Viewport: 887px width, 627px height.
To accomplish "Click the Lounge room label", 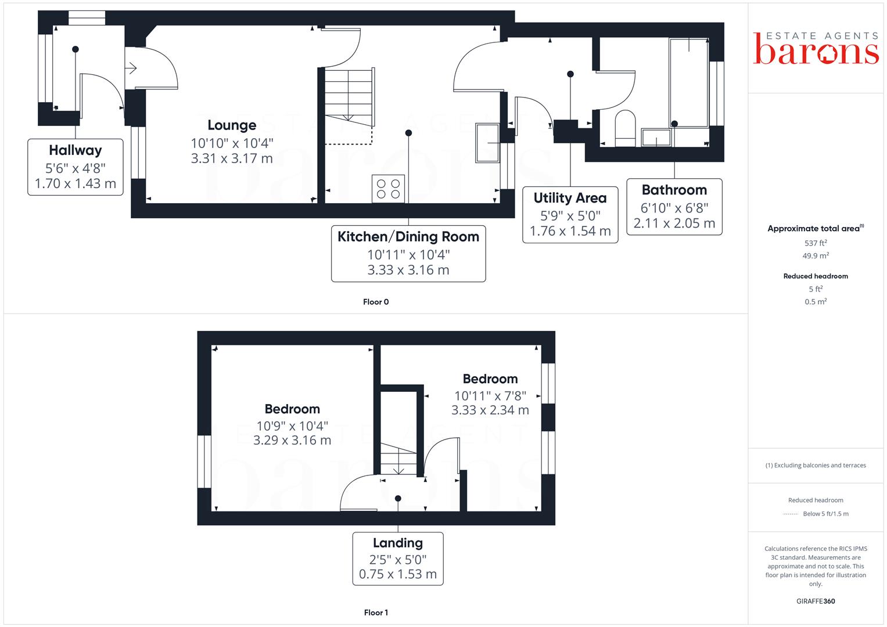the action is coord(232,125).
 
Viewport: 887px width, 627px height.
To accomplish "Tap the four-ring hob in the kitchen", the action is coord(388,189).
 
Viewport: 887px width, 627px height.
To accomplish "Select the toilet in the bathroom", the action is coord(625,128).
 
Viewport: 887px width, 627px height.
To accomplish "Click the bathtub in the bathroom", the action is coord(689,82).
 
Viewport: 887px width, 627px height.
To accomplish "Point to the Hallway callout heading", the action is coord(76,150).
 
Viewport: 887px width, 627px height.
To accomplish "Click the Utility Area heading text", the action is coord(570,197).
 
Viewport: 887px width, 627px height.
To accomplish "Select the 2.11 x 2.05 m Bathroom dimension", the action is coord(674,224).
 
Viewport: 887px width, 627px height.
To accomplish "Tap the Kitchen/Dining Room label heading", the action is coord(408,237).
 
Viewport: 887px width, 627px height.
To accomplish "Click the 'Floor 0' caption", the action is coord(376,302).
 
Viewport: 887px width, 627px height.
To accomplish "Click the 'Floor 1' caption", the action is coord(376,612).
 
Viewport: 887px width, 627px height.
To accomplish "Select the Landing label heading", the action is coord(398,543).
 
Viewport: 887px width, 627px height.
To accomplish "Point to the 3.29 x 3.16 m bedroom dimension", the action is coord(292,440).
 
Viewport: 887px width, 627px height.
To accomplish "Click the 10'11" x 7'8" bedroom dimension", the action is coord(490,396).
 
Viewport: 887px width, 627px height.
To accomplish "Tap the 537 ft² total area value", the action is coord(816,243).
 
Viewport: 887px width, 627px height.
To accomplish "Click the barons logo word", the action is coord(816,51).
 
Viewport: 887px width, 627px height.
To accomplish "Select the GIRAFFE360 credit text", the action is coord(816,601).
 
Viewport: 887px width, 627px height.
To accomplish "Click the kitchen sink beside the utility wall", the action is coord(487,143).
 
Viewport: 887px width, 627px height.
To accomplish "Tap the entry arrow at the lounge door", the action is coord(131,68).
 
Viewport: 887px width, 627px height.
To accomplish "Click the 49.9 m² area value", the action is coord(816,255).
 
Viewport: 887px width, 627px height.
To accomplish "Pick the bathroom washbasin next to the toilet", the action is coord(656,138).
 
